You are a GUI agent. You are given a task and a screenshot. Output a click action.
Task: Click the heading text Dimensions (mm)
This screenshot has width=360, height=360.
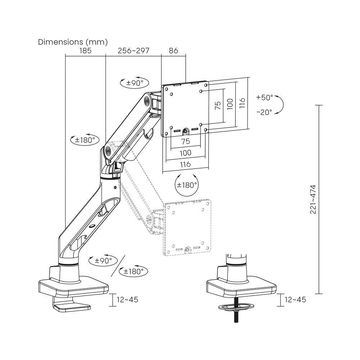point(73,42)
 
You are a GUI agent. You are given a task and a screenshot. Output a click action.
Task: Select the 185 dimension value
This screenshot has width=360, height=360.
point(85,51)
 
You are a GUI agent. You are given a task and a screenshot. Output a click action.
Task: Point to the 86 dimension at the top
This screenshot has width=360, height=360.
point(174,51)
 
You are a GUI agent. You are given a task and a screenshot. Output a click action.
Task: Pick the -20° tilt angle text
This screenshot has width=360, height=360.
point(265,112)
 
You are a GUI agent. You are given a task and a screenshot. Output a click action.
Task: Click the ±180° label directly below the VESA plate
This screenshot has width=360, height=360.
point(187,185)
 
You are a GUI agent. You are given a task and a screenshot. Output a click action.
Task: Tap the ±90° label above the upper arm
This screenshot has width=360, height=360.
point(134,82)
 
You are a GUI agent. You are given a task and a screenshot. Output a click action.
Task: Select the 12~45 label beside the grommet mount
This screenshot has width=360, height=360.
point(295,300)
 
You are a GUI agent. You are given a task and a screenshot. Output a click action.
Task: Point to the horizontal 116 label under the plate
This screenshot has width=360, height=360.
point(185,164)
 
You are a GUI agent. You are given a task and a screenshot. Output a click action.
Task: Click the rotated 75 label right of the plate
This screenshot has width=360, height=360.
point(217,105)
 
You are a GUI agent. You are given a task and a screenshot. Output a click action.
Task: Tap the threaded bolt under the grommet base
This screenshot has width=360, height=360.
point(237,315)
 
